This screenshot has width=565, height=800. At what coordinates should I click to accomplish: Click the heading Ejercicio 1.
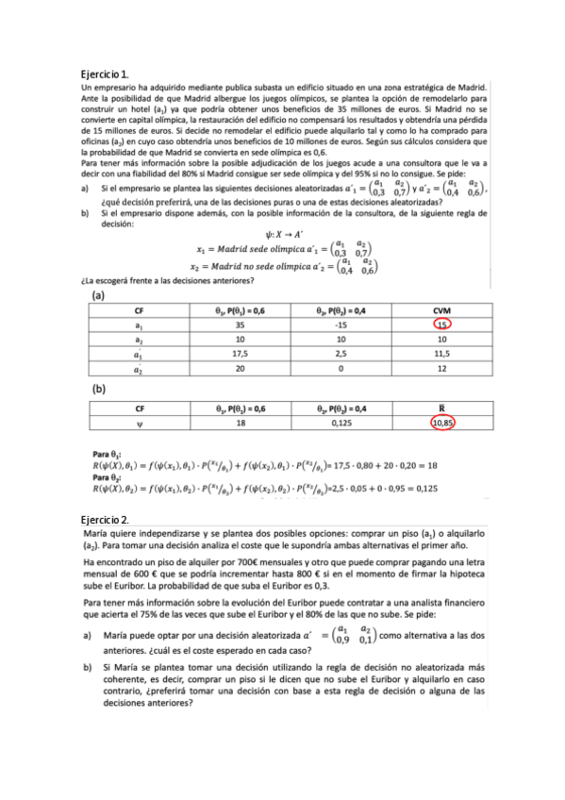pyautogui.click(x=106, y=73)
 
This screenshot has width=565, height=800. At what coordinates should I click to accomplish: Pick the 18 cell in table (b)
pyautogui.click(x=240, y=424)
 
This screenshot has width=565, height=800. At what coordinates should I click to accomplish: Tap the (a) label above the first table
pyautogui.click(x=97, y=295)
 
